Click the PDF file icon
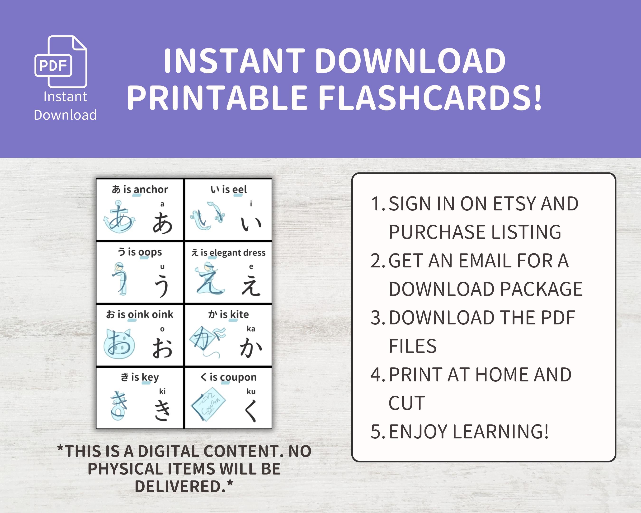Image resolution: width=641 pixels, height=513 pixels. point(61,62)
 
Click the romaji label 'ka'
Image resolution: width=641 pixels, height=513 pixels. point(251,329)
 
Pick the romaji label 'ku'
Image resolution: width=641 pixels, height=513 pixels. point(251,391)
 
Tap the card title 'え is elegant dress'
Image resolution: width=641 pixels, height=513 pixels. point(228,253)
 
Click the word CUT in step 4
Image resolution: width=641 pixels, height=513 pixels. point(407,403)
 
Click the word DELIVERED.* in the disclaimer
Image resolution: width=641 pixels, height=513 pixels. point(184,487)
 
